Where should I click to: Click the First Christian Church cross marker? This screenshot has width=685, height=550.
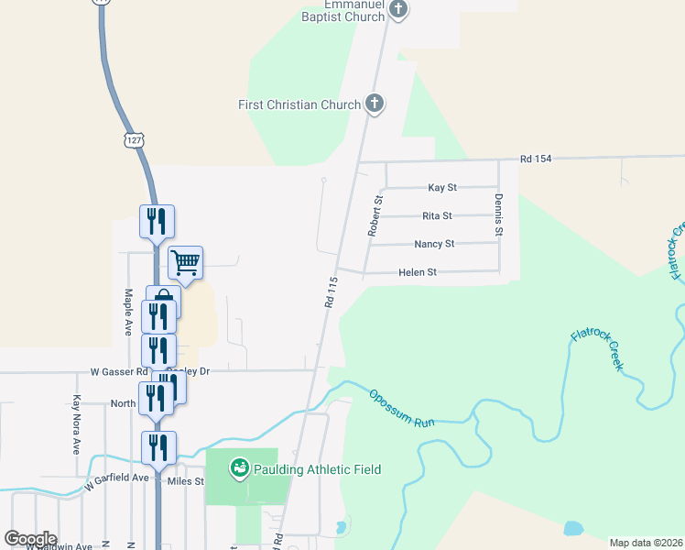(x=374, y=104)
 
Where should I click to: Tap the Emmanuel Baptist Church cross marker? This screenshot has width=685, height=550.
(x=397, y=10)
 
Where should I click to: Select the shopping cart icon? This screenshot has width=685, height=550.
(x=186, y=263)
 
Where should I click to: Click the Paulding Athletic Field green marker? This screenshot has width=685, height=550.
(x=240, y=468)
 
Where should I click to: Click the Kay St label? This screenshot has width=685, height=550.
(x=442, y=188)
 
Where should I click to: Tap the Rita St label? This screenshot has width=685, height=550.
(x=437, y=216)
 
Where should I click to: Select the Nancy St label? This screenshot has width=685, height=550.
(x=434, y=244)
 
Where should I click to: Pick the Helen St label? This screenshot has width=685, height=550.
(x=418, y=272)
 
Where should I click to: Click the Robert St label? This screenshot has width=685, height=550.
(x=375, y=215)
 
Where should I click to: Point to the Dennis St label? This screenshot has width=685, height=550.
(x=499, y=215)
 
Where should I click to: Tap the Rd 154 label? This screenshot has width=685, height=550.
(x=536, y=159)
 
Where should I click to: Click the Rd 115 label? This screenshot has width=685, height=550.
(x=331, y=291)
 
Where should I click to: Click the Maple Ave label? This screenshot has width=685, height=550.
(x=128, y=312)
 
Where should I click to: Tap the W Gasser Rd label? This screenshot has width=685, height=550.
(x=119, y=372)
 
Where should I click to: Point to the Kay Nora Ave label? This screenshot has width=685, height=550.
(x=77, y=425)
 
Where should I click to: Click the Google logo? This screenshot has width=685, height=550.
(x=30, y=539)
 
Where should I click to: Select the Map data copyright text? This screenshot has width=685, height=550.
(x=647, y=543)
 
